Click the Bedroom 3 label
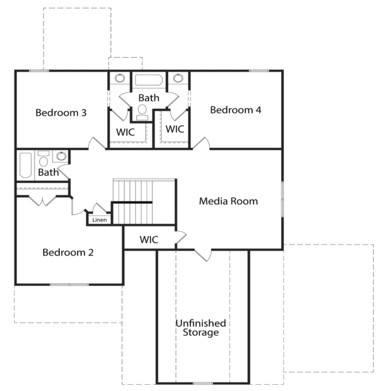point(61,113)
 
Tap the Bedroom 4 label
point(236,110)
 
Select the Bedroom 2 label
point(68,252)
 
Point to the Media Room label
point(228,201)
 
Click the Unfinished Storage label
point(201,328)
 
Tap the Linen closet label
point(99,220)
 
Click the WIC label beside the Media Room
point(149,240)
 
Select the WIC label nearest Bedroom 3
point(125,132)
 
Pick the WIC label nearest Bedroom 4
point(175,129)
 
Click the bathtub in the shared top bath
point(149,80)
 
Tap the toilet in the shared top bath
point(142,112)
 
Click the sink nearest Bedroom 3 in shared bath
point(120,78)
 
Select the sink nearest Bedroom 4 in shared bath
point(178,78)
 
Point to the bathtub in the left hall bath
point(25,165)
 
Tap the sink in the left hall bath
point(61,156)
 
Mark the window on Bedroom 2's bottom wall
point(69,284)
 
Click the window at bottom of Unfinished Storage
point(203,383)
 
